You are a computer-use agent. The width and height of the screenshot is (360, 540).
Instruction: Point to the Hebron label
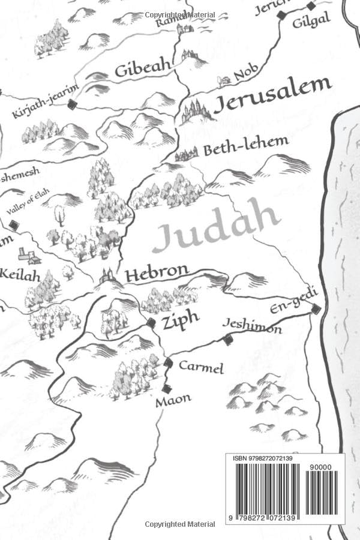tap(157, 273)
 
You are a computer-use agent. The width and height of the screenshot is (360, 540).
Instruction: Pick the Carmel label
tap(201, 367)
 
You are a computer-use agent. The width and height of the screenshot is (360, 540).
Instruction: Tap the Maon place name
tap(173, 399)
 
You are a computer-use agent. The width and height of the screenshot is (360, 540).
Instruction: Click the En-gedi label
tap(293, 301)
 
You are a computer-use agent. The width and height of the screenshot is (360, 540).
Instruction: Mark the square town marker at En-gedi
tap(316, 310)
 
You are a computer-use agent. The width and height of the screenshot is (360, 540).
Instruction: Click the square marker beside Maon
tap(166, 388)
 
